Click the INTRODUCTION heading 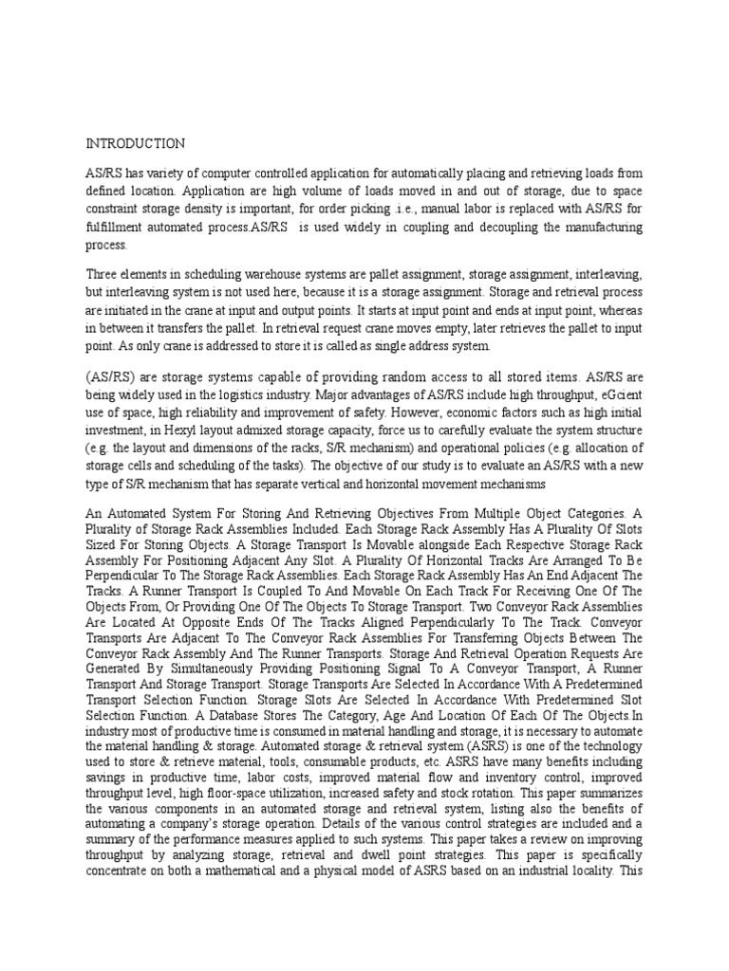(136, 144)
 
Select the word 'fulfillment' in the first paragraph (115, 229)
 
